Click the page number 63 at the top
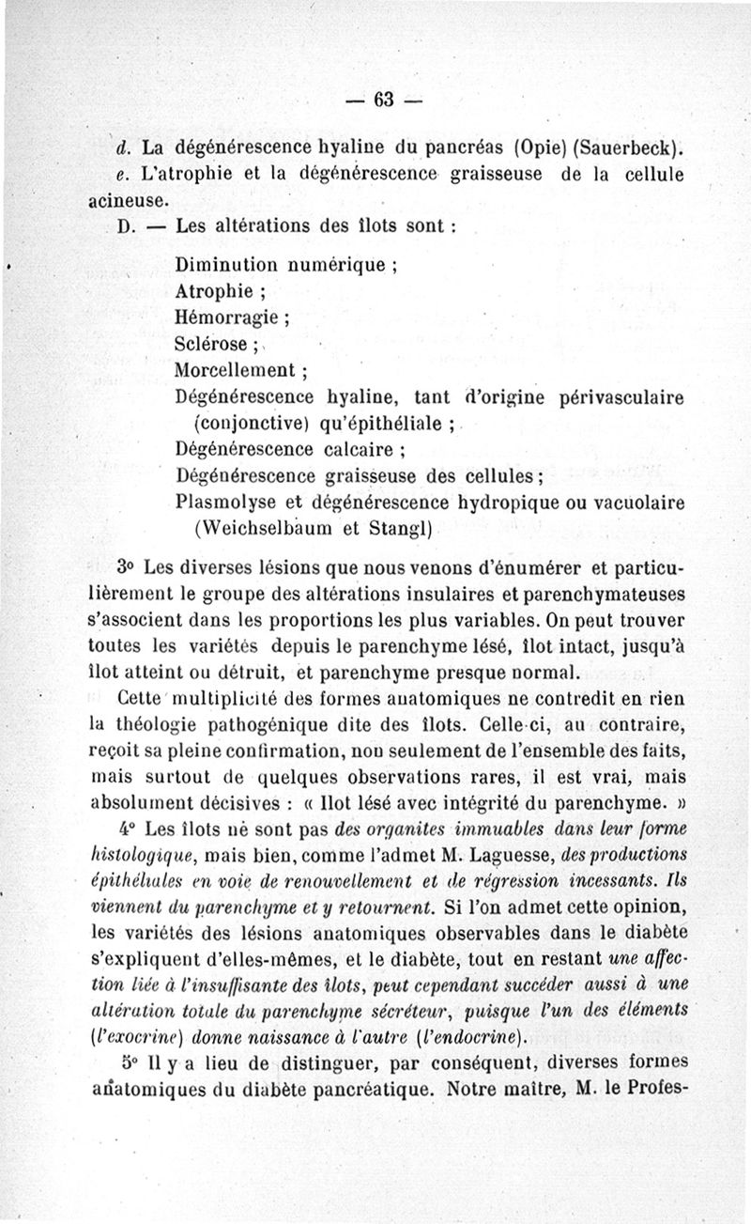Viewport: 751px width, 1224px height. tap(386, 100)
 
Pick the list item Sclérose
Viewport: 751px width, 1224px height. tap(211, 343)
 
